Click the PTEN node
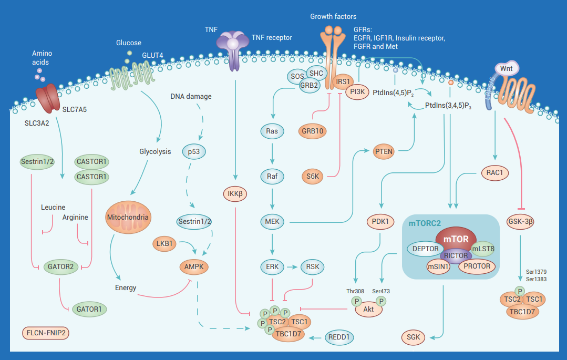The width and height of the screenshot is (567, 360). [x=384, y=152]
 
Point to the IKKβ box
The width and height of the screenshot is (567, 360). [x=234, y=194]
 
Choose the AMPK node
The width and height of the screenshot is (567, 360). [x=193, y=267]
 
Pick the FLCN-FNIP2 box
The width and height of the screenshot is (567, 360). [x=47, y=333]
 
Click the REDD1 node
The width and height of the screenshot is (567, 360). [x=340, y=337]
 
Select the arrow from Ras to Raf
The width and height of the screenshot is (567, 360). [x=272, y=152]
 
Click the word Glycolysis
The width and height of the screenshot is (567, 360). [x=155, y=151]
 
